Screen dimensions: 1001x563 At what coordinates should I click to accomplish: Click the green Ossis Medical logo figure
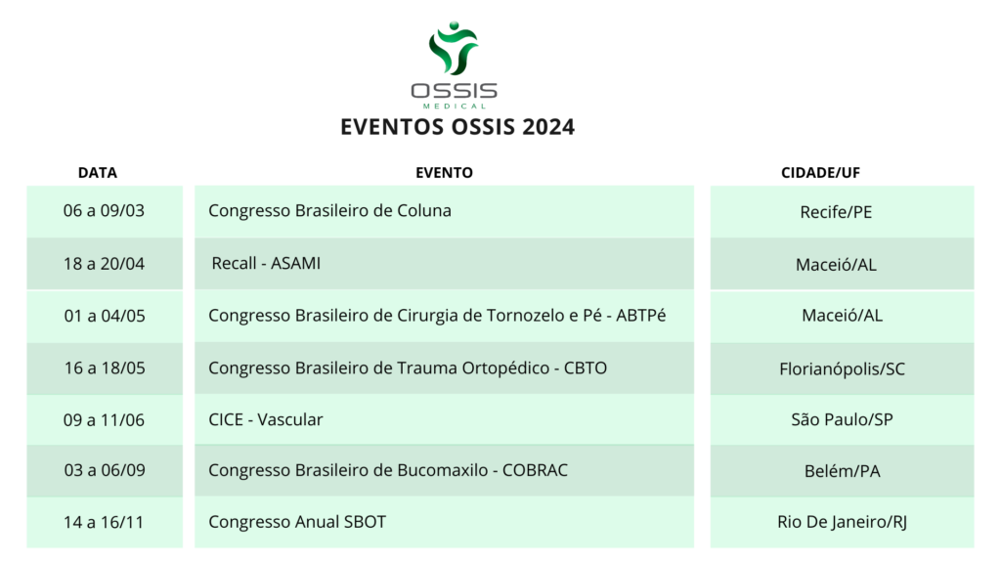click(454, 49)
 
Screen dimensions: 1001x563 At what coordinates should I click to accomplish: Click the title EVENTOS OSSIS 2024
click(457, 126)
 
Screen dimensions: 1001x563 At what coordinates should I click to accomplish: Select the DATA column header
click(98, 172)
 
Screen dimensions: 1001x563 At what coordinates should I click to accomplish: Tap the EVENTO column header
click(445, 172)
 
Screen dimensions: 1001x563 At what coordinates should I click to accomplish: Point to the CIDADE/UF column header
click(820, 172)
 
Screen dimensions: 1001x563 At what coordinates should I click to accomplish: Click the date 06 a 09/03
click(104, 211)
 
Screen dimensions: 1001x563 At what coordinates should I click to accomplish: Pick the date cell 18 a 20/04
click(104, 264)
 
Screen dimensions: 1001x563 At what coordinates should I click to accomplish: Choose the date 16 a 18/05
click(105, 368)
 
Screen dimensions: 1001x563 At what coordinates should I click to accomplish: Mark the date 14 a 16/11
click(104, 522)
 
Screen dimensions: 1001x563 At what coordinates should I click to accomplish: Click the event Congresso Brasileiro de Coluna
click(329, 211)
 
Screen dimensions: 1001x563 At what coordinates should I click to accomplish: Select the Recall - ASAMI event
click(266, 263)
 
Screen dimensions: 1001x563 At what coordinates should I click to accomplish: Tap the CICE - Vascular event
click(266, 419)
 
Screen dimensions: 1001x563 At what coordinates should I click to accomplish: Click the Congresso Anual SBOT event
click(297, 522)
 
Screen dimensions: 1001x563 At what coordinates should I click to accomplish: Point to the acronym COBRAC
click(535, 470)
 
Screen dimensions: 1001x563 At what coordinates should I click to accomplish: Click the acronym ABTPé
click(641, 316)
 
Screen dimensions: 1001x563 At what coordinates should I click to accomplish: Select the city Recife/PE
click(836, 212)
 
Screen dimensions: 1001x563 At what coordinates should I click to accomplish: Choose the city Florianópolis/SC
click(842, 368)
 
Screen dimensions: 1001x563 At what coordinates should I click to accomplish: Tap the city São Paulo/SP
click(842, 419)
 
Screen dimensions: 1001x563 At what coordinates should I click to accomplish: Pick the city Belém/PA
click(842, 471)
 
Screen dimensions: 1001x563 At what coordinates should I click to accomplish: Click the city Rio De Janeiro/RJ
click(842, 522)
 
